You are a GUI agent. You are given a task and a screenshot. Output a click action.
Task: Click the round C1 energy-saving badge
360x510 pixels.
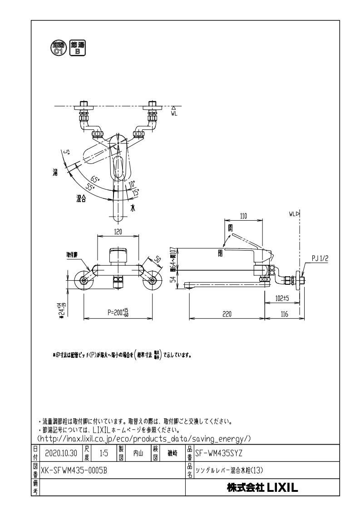pyautogui.click(x=59, y=48)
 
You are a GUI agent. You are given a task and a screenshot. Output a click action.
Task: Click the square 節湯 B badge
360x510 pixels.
pyautogui.click(x=78, y=48)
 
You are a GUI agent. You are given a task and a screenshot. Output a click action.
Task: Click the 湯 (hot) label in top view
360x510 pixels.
pyautogui.click(x=54, y=172)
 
